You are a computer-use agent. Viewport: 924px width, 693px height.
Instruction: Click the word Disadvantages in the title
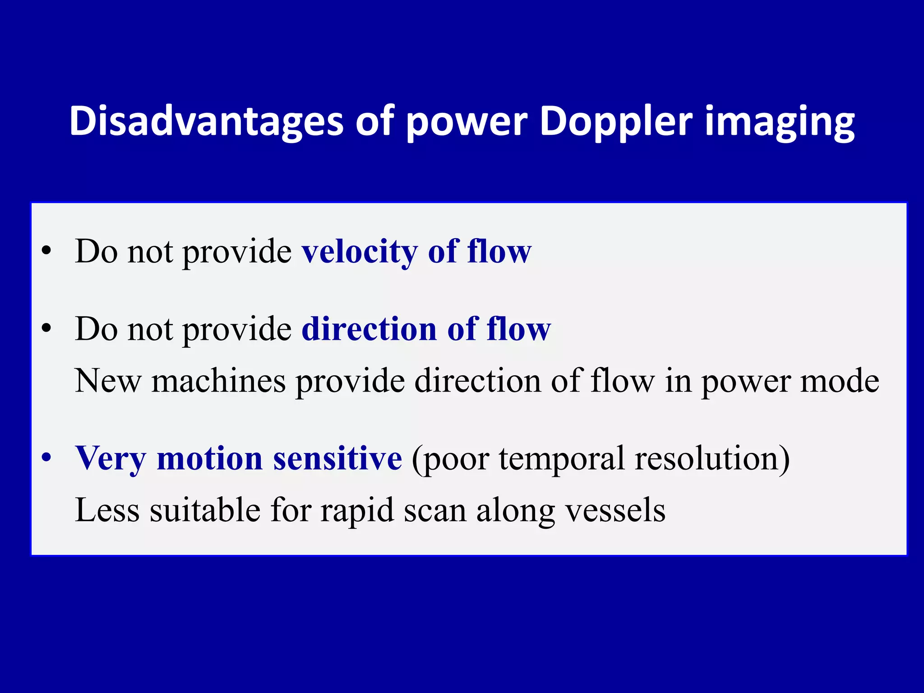pos(207,121)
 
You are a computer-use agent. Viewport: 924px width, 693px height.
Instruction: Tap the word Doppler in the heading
pos(615,121)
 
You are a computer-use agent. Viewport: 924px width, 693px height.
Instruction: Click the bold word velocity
pos(360,251)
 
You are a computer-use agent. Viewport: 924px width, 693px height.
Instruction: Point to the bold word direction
pos(369,328)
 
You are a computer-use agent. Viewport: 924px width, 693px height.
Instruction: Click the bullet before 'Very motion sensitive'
pos(46,457)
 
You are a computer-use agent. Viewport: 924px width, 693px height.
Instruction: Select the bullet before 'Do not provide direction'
pos(46,328)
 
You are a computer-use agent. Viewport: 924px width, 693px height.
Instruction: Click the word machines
pos(218,381)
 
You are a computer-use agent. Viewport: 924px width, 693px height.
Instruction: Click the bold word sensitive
pos(337,458)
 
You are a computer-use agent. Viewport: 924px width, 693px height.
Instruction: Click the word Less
pos(107,510)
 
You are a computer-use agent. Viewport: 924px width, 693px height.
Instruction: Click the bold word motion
pos(209,458)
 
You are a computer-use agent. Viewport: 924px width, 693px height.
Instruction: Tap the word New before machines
pos(108,381)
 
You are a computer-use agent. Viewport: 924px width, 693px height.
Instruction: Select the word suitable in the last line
pos(205,510)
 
